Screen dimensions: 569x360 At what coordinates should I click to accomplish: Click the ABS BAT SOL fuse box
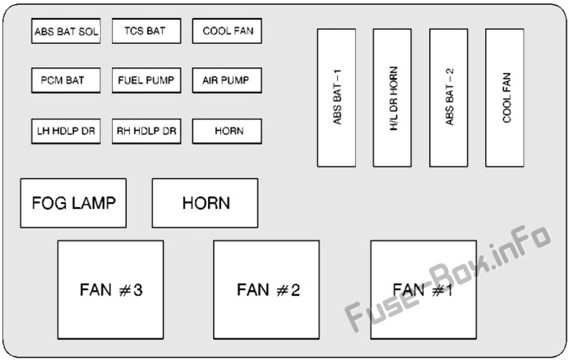pyautogui.click(x=66, y=31)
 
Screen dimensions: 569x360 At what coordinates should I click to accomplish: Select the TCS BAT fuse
pyautogui.click(x=146, y=31)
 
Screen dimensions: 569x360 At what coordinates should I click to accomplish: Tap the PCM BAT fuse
pyautogui.click(x=66, y=80)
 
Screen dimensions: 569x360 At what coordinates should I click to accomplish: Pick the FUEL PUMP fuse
pyautogui.click(x=146, y=80)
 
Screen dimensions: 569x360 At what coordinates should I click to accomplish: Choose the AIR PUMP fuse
pyautogui.click(x=227, y=80)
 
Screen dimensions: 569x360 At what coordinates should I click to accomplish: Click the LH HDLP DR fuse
pyautogui.click(x=66, y=131)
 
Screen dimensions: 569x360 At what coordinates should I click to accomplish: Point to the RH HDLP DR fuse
pyautogui.click(x=146, y=131)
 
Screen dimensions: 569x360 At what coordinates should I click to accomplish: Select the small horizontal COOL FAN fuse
pyautogui.click(x=227, y=31)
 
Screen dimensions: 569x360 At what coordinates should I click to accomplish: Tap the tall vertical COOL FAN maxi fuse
pyautogui.click(x=505, y=98)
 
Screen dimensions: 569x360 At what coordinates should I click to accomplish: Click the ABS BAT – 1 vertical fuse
pyautogui.click(x=337, y=98)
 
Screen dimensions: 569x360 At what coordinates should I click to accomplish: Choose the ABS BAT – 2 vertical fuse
pyautogui.click(x=449, y=98)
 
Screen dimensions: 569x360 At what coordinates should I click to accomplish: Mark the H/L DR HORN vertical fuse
pyautogui.click(x=393, y=98)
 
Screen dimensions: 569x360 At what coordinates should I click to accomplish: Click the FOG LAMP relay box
pyautogui.click(x=73, y=203)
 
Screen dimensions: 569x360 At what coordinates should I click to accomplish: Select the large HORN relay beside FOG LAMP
pyautogui.click(x=205, y=203)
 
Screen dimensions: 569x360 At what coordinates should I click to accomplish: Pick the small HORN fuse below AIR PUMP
pyautogui.click(x=227, y=131)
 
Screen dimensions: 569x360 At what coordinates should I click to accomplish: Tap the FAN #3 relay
pyautogui.click(x=111, y=290)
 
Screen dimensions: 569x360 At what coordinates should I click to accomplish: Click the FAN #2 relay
pyautogui.click(x=267, y=290)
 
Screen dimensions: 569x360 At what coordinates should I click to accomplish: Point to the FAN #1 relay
pyautogui.click(x=423, y=290)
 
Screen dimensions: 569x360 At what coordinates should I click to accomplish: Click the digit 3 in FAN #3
pyautogui.click(x=137, y=290)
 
